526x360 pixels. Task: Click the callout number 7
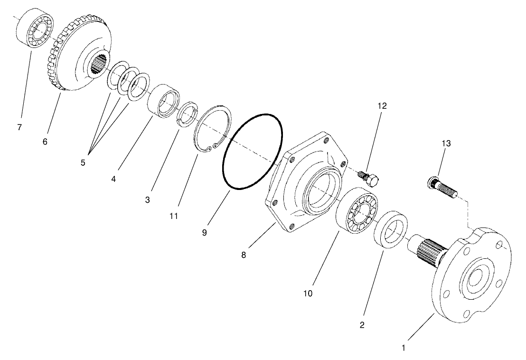tap(19, 128)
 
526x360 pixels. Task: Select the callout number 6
tap(45, 142)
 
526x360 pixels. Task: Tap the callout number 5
tap(83, 162)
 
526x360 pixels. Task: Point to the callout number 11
tap(173, 216)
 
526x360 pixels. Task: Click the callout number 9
tap(204, 233)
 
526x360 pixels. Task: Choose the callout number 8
tap(243, 255)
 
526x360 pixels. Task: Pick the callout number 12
tap(382, 106)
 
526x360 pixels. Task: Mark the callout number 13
tap(446, 143)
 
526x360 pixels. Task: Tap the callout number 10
tap(308, 294)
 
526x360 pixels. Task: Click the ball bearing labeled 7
tap(35, 29)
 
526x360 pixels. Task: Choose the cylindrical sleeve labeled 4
tap(162, 101)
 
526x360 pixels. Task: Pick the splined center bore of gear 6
tap(100, 64)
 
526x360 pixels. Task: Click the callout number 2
tap(362, 325)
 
